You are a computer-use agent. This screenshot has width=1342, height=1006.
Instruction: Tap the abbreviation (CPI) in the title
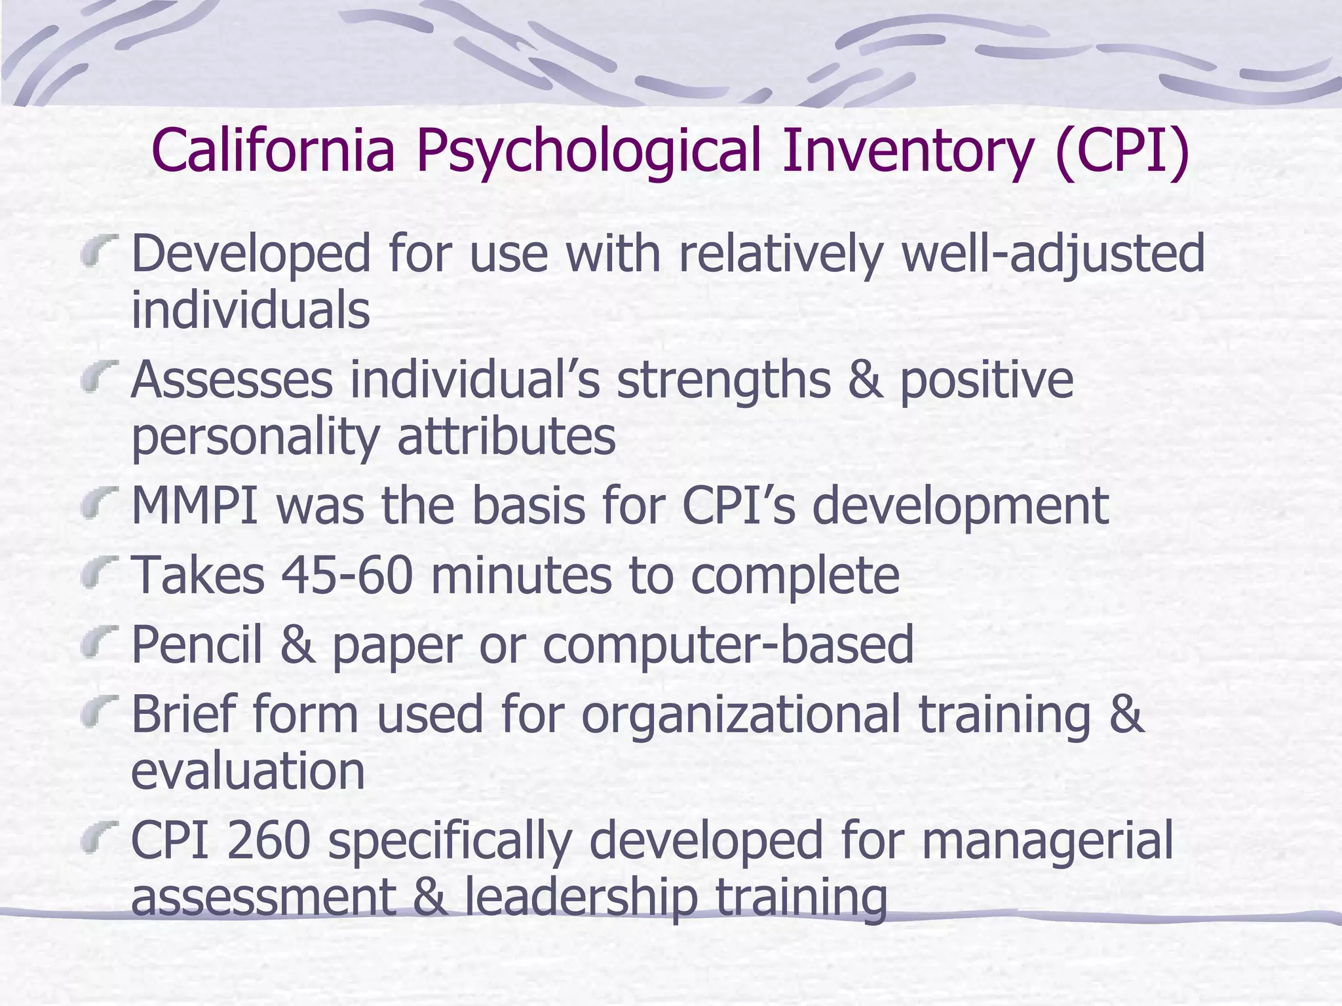click(x=1122, y=152)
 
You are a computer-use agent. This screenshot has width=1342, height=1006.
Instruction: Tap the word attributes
click(x=506, y=437)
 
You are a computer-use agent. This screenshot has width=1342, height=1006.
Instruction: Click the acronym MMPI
click(x=195, y=506)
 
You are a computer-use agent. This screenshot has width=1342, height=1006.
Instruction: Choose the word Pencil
click(x=197, y=644)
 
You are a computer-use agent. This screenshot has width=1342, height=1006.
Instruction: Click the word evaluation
click(x=248, y=771)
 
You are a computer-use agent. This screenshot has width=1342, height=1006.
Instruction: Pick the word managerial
click(x=1046, y=842)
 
